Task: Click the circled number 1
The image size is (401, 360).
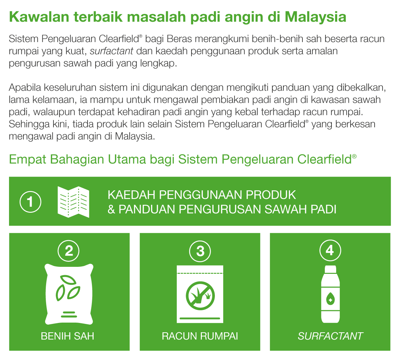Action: (30, 202)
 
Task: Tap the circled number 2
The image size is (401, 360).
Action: (69, 251)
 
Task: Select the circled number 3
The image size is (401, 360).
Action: (200, 251)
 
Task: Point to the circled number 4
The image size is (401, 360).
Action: (330, 250)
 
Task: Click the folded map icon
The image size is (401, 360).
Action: (73, 202)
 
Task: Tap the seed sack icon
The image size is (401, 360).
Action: (69, 294)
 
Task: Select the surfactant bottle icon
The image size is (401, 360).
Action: (330, 294)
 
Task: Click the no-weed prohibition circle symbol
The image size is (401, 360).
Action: (200, 296)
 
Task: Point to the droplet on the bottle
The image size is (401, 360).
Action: (330, 299)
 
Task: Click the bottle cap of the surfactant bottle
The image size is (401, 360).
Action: (330, 269)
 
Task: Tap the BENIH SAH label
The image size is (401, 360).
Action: (68, 336)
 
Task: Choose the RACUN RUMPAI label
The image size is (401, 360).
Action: (200, 336)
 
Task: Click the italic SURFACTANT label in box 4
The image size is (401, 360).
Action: (330, 336)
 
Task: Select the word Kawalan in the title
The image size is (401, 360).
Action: (39, 17)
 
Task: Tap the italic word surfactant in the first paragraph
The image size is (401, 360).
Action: (111, 51)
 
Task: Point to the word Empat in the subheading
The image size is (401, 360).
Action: (27, 160)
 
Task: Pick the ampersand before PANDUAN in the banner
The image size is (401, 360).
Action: (111, 209)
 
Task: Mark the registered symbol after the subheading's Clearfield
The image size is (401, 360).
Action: (354, 157)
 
